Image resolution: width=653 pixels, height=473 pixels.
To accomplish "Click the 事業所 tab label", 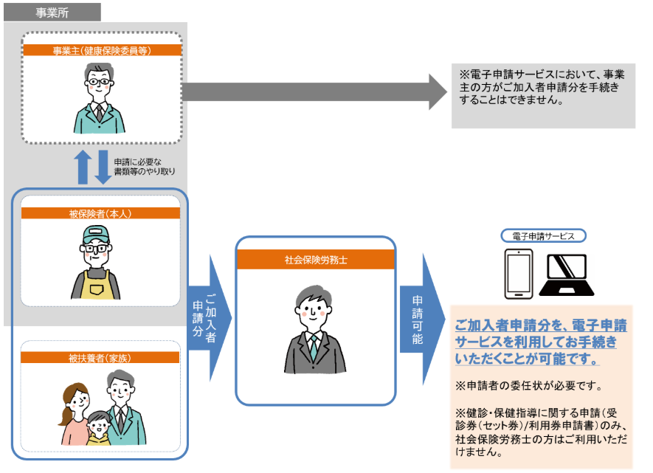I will (x=52, y=12).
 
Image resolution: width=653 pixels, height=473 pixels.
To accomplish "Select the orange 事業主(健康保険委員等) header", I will (x=102, y=50).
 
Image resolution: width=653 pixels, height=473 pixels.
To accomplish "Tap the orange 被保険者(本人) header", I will (x=100, y=213).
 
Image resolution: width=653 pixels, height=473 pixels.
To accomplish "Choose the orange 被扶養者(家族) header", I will (x=100, y=358).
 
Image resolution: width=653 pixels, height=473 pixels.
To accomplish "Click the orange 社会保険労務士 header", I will (x=316, y=260).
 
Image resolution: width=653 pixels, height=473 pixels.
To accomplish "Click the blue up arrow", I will (x=83, y=167).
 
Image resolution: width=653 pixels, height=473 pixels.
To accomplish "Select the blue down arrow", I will (x=103, y=168).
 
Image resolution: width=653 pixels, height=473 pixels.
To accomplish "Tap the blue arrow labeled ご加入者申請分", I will (x=209, y=317).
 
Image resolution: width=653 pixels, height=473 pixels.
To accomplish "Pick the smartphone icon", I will (x=518, y=274).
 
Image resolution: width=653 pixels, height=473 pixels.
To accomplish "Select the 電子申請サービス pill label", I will (x=544, y=236).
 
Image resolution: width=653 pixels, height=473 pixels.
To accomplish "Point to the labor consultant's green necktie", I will (x=314, y=347).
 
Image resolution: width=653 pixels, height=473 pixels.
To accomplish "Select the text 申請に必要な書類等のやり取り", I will (x=145, y=166).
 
